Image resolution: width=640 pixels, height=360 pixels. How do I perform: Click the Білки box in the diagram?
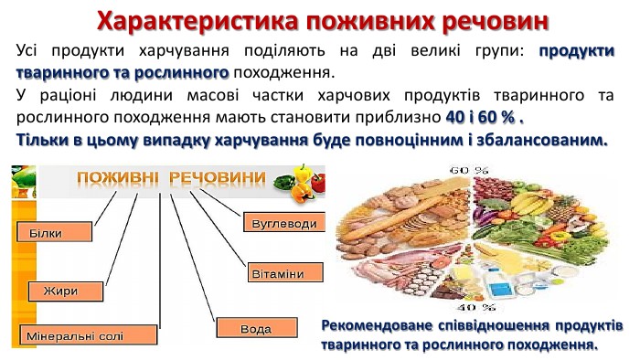pyautogui.click(x=53, y=233)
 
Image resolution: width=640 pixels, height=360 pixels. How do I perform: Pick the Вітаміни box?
pyautogui.click(x=283, y=274)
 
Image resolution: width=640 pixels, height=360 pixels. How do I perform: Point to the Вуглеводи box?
pyautogui.click(x=283, y=223)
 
